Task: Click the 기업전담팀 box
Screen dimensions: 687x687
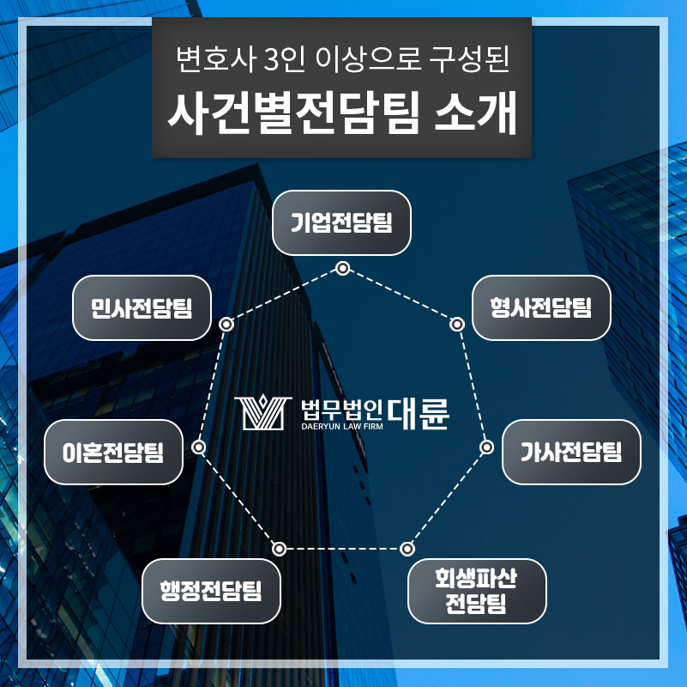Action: [341, 223]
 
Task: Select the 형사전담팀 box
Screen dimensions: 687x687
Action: [540, 307]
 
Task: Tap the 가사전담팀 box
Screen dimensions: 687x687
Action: [570, 451]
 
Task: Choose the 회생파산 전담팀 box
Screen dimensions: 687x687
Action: [476, 591]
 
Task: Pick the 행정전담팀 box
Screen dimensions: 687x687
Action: [211, 590]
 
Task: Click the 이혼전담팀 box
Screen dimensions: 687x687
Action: [114, 452]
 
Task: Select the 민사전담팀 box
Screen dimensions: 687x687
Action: [142, 307]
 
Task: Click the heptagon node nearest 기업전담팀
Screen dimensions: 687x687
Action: [342, 269]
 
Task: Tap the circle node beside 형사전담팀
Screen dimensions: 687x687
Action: [457, 325]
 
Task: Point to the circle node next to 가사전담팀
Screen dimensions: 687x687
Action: [486, 447]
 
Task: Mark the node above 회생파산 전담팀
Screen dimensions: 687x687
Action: [407, 548]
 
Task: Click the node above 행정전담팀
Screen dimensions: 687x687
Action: [279, 548]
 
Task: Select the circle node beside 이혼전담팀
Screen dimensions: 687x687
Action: [199, 447]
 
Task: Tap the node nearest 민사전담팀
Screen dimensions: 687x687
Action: [226, 325]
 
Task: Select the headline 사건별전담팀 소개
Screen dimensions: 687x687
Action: [342, 114]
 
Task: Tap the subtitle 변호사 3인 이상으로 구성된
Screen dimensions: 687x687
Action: [342, 60]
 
